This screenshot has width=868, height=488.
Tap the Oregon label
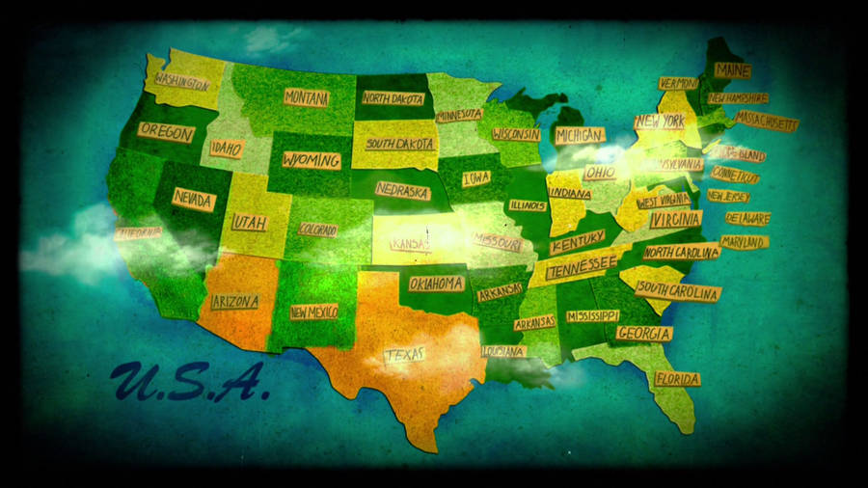[x=166, y=132]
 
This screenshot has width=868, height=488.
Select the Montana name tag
[x=307, y=97]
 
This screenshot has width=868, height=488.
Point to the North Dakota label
[x=393, y=96]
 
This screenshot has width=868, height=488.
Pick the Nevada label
[x=194, y=199]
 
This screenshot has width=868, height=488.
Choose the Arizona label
[x=234, y=302]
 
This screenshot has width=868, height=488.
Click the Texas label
[x=405, y=355]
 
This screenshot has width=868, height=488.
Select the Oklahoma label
[x=436, y=284]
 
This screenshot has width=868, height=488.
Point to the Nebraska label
[x=402, y=191]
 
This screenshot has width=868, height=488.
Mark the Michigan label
[x=580, y=135]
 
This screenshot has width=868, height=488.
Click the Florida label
[x=677, y=379]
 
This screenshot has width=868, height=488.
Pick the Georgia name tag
[x=644, y=333]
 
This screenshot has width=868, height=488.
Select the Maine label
[x=733, y=70]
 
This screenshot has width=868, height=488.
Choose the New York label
[x=660, y=122]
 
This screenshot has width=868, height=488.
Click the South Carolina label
[x=678, y=292]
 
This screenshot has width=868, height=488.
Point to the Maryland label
[x=744, y=241]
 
